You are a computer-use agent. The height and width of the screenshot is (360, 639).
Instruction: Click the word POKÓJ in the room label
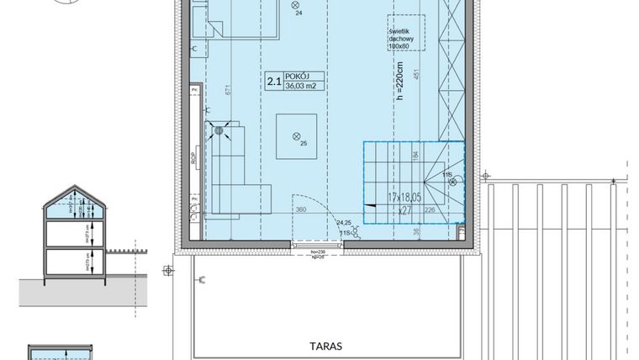point(298,76)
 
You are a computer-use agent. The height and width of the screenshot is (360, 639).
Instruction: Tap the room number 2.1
point(273,81)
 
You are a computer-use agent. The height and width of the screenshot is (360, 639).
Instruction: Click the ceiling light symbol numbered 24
point(295,6)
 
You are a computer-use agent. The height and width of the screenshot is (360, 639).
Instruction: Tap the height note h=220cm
point(400,84)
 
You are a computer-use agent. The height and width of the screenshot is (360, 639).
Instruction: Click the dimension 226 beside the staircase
point(430,210)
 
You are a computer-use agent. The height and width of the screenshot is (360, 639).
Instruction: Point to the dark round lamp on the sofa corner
point(221,130)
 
